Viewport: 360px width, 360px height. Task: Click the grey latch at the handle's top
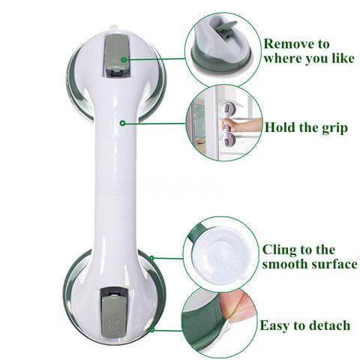point(116,55)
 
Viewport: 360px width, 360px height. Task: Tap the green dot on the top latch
point(124,60)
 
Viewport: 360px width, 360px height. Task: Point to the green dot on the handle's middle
point(122,123)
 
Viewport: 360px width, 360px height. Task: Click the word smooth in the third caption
point(282,264)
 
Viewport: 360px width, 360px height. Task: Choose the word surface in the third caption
point(331,264)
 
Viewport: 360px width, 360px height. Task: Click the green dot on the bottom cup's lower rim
point(151,330)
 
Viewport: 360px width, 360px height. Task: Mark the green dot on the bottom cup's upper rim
point(151,258)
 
